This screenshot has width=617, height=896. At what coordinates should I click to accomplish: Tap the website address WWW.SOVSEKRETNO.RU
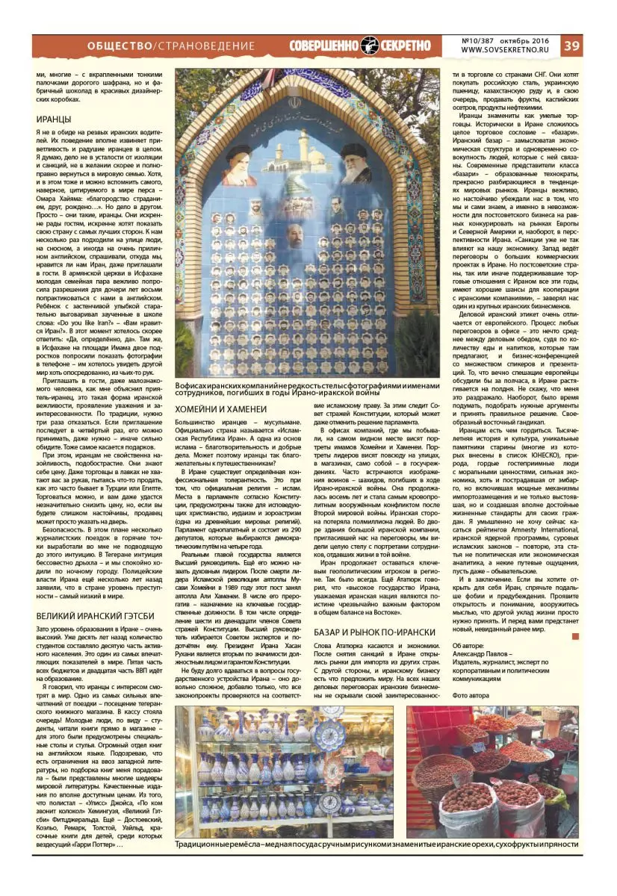click(x=505, y=50)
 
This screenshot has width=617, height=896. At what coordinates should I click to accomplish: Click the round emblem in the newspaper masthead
click(x=369, y=45)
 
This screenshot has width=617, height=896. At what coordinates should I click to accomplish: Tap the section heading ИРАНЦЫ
click(x=54, y=119)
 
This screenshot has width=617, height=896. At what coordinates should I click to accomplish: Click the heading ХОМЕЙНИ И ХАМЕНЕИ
click(x=221, y=410)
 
